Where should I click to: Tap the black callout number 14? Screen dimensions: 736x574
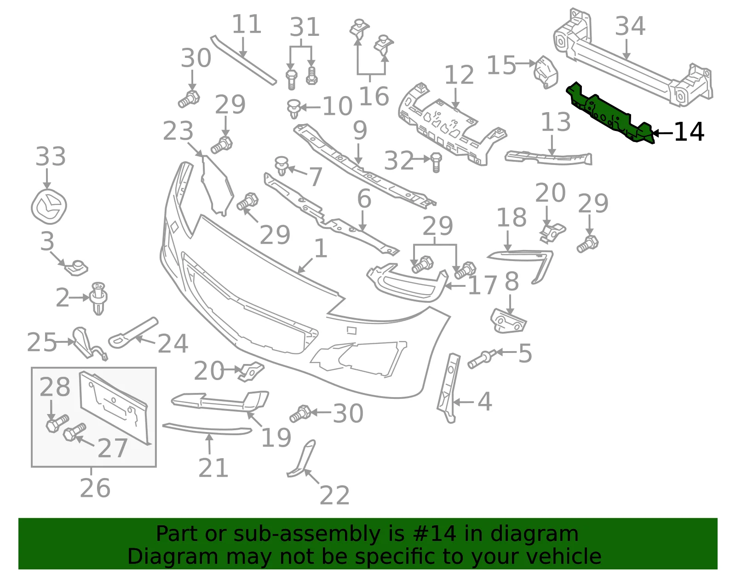689,132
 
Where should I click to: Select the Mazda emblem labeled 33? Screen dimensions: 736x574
49,207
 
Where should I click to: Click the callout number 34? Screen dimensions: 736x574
630,26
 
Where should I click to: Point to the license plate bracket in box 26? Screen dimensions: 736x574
114,407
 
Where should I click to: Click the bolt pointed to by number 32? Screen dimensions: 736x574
436,162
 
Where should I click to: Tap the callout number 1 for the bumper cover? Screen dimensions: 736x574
321,248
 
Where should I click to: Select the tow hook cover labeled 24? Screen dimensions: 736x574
133,333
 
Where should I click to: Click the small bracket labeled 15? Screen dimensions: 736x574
545,73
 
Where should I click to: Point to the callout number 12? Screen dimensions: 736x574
459,75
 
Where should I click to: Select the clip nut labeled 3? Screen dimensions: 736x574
77,268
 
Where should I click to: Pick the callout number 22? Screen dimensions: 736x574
334,495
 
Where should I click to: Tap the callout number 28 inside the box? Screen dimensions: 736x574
55,386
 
